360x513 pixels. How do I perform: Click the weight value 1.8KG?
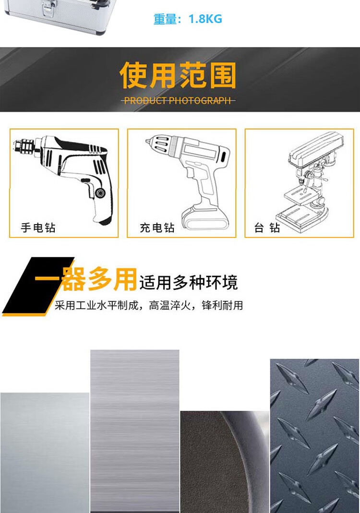[205, 19]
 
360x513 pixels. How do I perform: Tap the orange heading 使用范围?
[178, 75]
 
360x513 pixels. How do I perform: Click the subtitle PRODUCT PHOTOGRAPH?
[178, 100]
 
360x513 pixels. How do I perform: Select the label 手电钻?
[38, 228]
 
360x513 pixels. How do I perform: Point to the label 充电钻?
[157, 228]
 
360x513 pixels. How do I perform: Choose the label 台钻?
[267, 228]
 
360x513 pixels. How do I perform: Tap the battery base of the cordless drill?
[205, 219]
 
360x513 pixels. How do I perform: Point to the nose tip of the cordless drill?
[148, 141]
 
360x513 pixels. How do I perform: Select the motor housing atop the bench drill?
[315, 148]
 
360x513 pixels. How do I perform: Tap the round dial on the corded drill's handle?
[100, 192]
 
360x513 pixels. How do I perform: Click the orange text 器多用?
[99, 279]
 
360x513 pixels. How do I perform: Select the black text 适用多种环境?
[189, 283]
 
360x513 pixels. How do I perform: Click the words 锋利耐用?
[222, 306]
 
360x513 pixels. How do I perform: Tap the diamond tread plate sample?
[314, 436]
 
